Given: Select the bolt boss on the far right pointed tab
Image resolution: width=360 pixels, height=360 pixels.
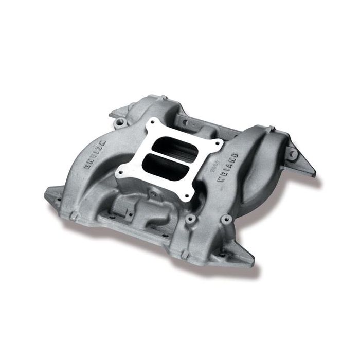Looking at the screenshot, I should (292, 153).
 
